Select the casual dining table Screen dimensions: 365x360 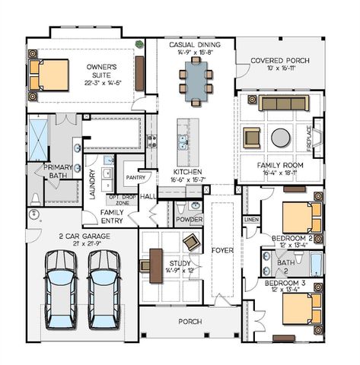[x=196, y=78]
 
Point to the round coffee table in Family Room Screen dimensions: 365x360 [x=280, y=138]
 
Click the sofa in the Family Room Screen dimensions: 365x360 [x=280, y=103]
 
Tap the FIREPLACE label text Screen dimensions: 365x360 [x=308, y=138]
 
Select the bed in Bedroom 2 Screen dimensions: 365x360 [x=298, y=217]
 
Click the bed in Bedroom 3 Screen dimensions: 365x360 [x=298, y=308]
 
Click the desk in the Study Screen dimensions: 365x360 [x=156, y=265]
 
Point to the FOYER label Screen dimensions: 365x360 [x=222, y=248]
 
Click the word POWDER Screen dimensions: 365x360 [x=189, y=220]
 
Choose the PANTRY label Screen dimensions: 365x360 [x=136, y=176]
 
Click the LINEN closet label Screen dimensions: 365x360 [x=250, y=219]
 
